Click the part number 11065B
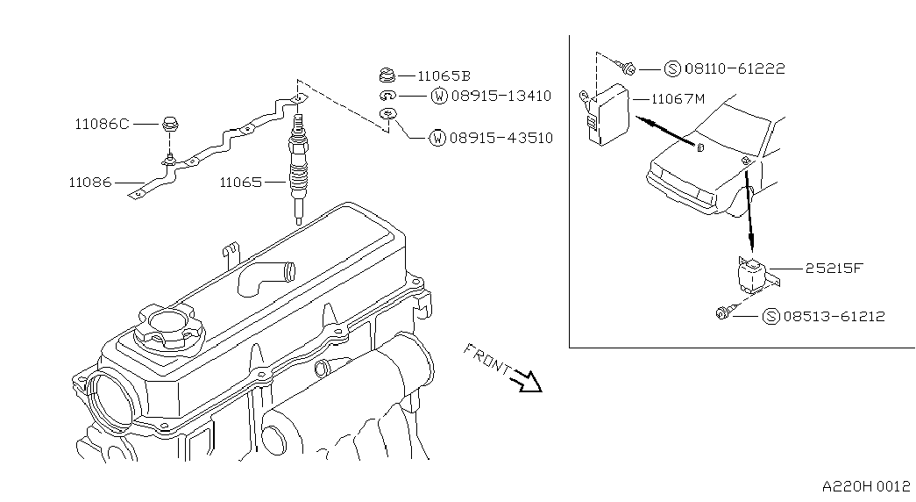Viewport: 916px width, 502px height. click(x=444, y=76)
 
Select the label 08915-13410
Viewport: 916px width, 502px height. click(x=502, y=96)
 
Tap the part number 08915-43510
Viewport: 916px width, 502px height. click(x=502, y=138)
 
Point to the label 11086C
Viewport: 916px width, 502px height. click(x=101, y=125)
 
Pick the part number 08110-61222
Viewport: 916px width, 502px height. click(x=735, y=68)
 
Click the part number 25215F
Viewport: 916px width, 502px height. click(x=834, y=269)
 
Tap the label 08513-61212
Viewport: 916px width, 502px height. click(x=834, y=316)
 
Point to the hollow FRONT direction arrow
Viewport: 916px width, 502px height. click(x=528, y=382)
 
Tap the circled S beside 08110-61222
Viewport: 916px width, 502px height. click(x=672, y=68)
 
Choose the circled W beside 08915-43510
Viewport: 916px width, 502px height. click(x=437, y=138)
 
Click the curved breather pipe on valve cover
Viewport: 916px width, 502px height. click(x=263, y=276)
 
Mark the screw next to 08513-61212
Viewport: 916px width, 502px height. click(x=724, y=312)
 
